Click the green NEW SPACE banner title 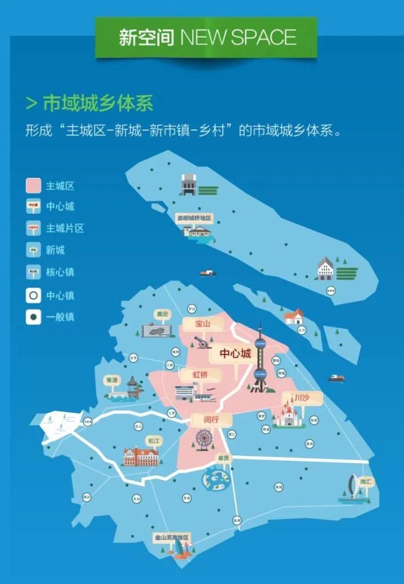point(206,37)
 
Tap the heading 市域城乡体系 point(98,103)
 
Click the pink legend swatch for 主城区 point(34,185)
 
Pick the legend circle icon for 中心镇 point(34,296)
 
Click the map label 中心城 point(235,354)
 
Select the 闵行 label point(204,420)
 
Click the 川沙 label point(301,399)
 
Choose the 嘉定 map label point(163,315)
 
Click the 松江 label point(153,440)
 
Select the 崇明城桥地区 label point(193,218)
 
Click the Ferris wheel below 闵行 point(204,438)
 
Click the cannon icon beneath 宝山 point(203,342)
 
